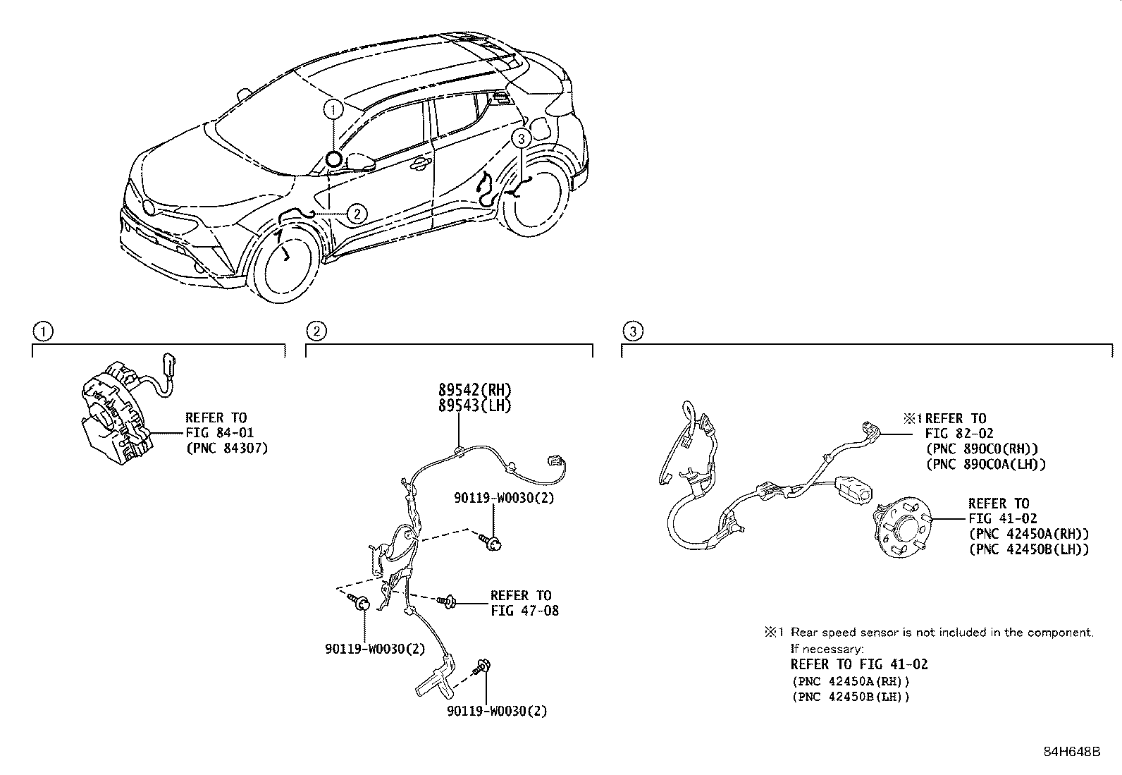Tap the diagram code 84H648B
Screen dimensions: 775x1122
[1071, 752]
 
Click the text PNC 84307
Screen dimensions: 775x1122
[226, 448]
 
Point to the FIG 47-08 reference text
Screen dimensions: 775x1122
[524, 611]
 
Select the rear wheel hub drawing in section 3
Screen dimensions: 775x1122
[903, 529]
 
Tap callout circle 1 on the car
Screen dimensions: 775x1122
[334, 109]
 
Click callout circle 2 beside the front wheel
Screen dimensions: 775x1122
[358, 213]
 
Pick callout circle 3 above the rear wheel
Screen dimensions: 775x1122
[520, 138]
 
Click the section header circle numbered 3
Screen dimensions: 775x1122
[633, 331]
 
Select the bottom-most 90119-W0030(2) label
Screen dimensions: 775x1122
[497, 712]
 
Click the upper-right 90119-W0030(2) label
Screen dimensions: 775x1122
[504, 498]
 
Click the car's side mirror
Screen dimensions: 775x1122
[359, 161]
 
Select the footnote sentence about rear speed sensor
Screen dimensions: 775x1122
[942, 633]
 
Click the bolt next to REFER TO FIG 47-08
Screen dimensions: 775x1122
[447, 602]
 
